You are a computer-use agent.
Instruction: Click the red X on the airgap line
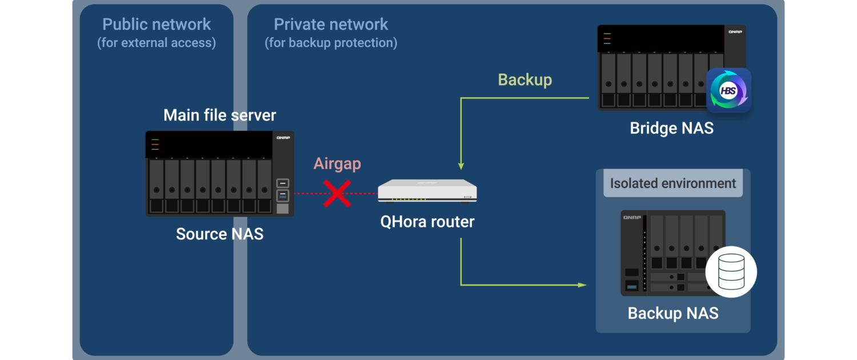tap(338, 193)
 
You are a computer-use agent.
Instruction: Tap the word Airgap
tap(337, 164)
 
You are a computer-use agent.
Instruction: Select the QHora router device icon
tap(427, 191)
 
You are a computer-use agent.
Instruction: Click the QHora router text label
tap(427, 222)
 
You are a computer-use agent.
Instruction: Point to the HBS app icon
tap(728, 90)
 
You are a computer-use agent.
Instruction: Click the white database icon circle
tap(731, 272)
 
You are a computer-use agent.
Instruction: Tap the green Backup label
tap(525, 79)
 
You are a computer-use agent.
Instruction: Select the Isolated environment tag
tap(673, 183)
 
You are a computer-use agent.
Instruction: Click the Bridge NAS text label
tap(671, 128)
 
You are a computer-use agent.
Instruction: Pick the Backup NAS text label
tap(673, 313)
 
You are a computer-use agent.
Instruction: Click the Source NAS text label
tap(219, 234)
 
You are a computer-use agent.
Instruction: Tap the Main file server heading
tap(219, 115)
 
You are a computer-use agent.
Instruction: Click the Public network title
tap(157, 25)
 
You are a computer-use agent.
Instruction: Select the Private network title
tap(331, 25)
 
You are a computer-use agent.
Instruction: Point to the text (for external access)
tap(157, 43)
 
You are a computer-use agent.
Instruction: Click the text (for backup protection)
tap(331, 43)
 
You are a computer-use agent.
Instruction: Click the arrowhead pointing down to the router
tap(461, 166)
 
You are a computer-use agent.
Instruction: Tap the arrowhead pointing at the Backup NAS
tap(583, 285)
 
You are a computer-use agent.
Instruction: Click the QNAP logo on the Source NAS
tap(283, 138)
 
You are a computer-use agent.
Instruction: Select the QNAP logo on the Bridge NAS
tap(735, 32)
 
